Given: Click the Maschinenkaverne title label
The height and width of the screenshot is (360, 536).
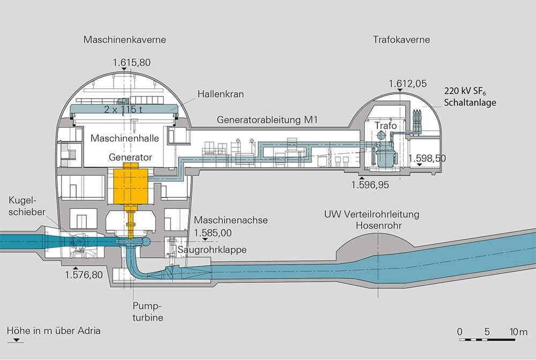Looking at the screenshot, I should point(124,40).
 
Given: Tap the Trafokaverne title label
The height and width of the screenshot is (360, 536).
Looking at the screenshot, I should point(401,40).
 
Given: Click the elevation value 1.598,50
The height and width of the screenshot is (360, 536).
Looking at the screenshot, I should point(427,158).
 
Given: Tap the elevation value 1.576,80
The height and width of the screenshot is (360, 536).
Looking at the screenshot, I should point(83,275).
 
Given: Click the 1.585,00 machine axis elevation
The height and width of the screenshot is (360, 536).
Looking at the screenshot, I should point(212,233).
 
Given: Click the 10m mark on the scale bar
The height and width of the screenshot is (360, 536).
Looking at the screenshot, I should point(519,332).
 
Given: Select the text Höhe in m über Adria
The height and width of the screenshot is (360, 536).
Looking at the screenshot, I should point(53,331).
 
